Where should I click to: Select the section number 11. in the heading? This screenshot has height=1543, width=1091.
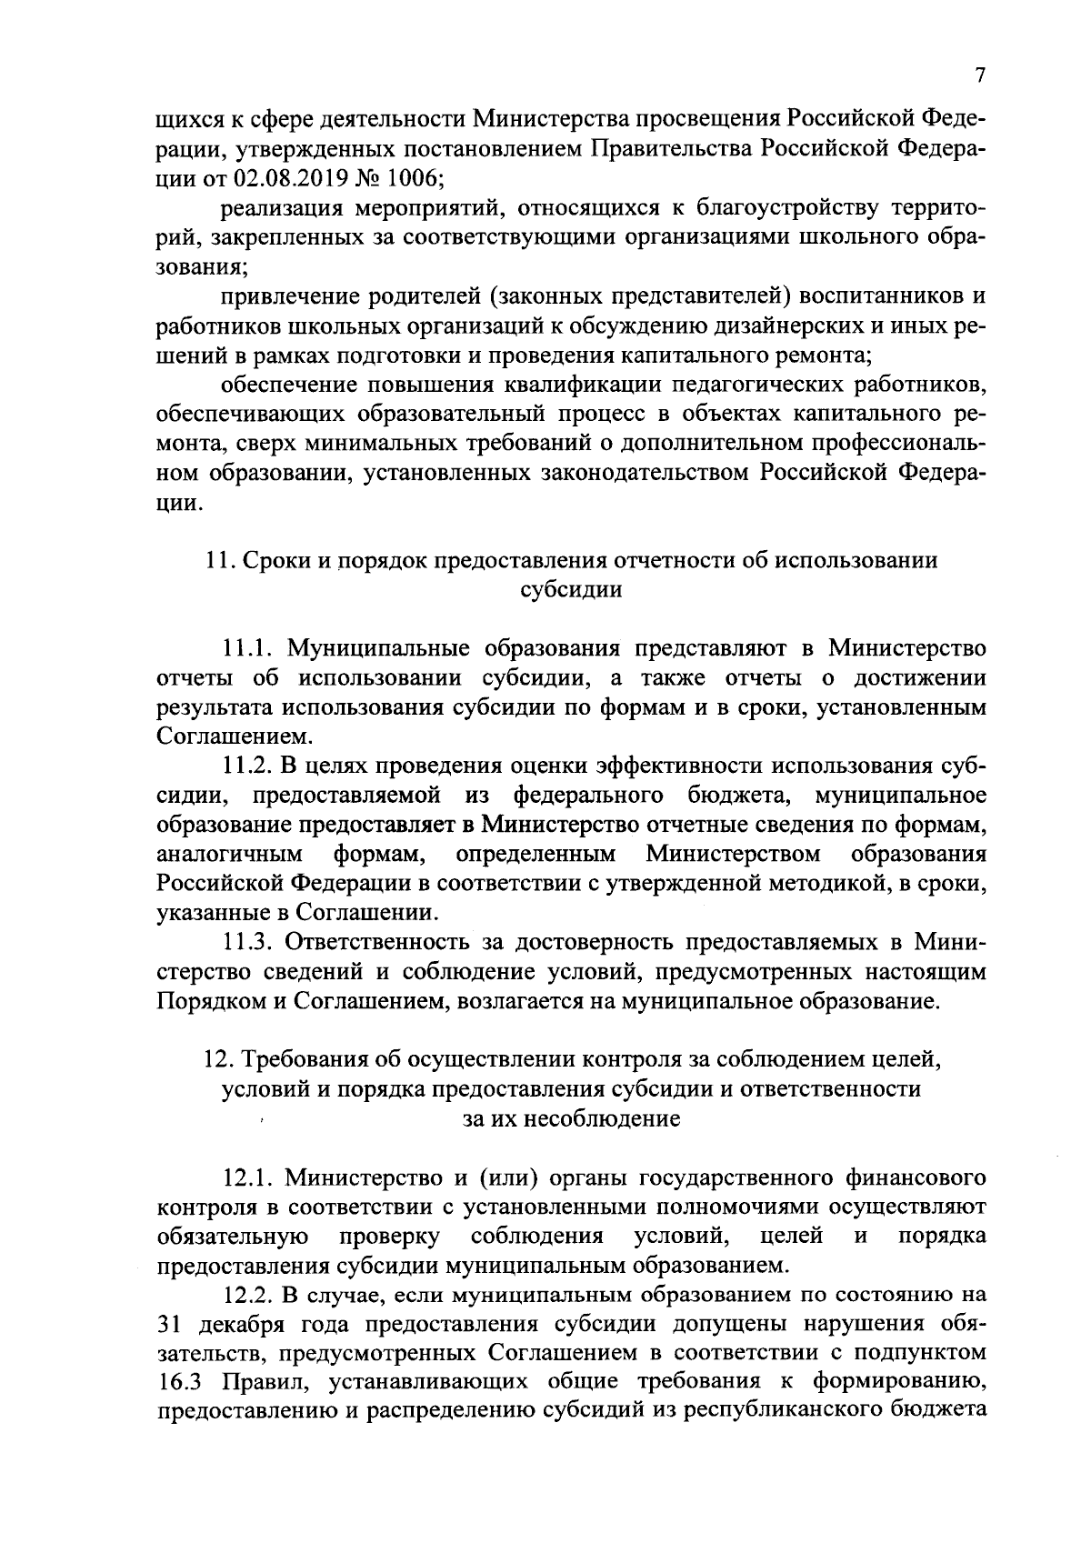[221, 560]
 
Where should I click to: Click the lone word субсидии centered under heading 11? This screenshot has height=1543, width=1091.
[571, 589]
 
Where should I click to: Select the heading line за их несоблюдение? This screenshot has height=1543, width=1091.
[571, 1118]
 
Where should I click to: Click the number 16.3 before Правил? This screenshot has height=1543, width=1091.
[175, 1382]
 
